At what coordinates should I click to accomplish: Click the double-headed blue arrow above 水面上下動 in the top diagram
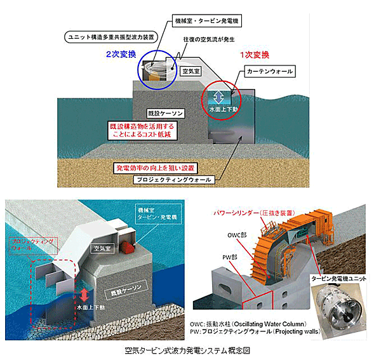(218, 97)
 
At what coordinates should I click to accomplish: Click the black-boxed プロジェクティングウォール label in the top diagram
(176, 180)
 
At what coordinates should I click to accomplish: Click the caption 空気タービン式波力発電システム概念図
(190, 350)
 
